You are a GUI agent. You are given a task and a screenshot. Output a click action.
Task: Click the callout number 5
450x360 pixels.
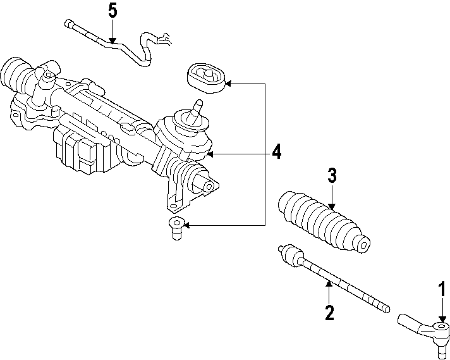tap(113, 11)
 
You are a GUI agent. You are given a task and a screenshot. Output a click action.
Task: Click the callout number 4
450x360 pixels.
tap(276, 152)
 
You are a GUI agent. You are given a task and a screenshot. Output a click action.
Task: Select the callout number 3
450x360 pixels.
tap(332, 177)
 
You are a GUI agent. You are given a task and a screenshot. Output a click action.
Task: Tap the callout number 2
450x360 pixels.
tap(329, 313)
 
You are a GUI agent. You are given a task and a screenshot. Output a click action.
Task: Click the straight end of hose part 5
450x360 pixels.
tap(68, 25)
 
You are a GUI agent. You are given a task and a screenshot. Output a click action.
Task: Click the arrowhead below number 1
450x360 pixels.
tap(442, 320)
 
